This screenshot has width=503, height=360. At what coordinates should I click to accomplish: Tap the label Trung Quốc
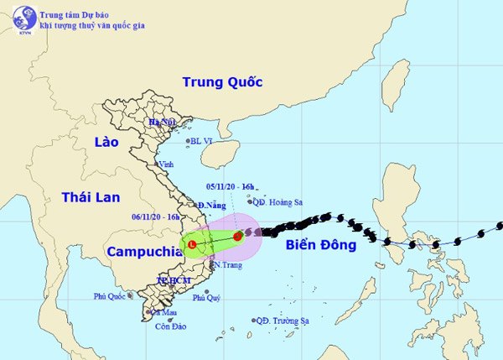pyautogui.click(x=222, y=82)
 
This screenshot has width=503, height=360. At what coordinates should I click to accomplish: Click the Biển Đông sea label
pyautogui.click(x=320, y=245)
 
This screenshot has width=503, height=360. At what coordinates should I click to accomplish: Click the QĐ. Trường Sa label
pyautogui.click(x=283, y=321)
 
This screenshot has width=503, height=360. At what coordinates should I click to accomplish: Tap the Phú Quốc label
pyautogui.click(x=111, y=295)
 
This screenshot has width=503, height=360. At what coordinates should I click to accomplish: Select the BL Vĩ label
pyautogui.click(x=202, y=142)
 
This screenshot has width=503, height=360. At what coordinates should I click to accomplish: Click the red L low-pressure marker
pyautogui.click(x=193, y=244)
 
